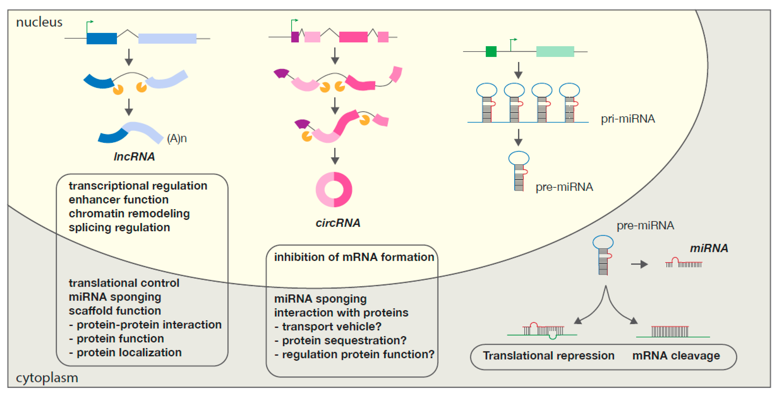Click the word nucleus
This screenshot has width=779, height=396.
tap(39, 22)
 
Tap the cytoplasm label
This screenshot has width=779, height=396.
tap(47, 378)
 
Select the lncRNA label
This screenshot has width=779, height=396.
tap(134, 157)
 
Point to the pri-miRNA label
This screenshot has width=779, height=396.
tap(628, 119)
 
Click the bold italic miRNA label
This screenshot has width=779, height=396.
tap(709, 248)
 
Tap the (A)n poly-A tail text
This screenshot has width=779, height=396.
tap(177, 139)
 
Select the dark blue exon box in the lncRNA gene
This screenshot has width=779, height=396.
tap(102, 39)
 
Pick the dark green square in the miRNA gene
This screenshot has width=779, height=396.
tap(491, 51)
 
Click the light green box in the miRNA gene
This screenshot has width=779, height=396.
tap(555, 51)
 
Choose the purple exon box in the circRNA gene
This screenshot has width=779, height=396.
tap(295, 37)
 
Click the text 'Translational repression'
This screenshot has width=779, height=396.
tap(549, 356)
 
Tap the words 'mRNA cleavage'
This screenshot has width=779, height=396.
tap(676, 356)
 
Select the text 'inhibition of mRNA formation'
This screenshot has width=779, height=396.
tap(354, 257)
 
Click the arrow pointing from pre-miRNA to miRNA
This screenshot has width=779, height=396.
tap(639, 264)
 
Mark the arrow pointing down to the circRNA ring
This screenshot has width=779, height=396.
tap(335, 156)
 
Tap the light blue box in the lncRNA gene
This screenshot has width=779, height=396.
tap(167, 39)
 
